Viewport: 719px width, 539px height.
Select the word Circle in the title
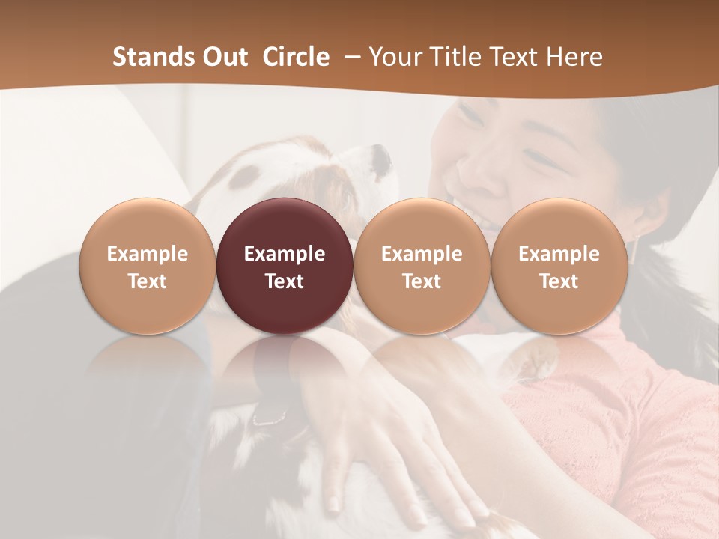[296, 57]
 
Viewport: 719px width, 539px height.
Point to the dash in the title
[350, 57]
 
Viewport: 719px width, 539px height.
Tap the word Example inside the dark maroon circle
[285, 254]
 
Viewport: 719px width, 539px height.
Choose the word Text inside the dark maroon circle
[285, 281]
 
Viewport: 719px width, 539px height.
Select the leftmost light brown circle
[148, 266]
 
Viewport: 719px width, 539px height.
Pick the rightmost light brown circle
[559, 266]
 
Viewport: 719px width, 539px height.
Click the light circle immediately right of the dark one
[422, 266]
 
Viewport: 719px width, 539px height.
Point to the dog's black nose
[383, 156]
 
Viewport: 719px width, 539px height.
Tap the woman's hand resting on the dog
[389, 442]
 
